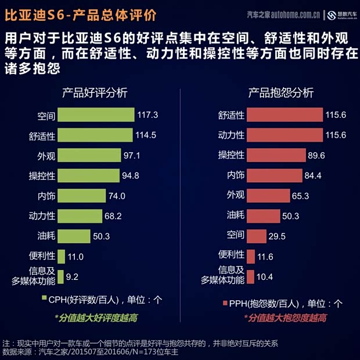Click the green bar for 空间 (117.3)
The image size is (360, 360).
[96, 115]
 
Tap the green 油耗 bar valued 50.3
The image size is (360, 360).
[74, 236]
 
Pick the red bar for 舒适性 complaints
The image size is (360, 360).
[285, 115]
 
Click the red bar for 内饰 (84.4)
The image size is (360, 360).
[274, 175]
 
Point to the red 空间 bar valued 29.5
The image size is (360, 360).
[257, 236]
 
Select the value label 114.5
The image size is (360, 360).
[146, 135]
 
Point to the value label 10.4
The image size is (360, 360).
[265, 277]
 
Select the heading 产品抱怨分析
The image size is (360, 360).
[281, 93]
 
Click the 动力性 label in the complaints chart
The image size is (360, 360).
[231, 135]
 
